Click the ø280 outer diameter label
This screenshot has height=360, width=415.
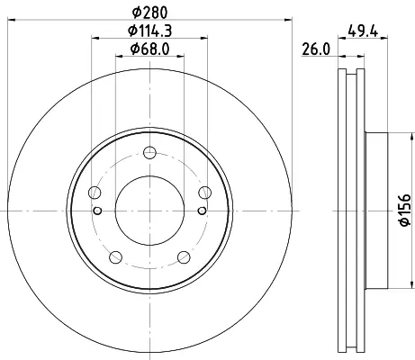[x=150, y=13]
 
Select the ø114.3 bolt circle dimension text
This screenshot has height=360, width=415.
[x=150, y=31]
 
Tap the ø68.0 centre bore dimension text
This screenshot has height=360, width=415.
[x=150, y=49]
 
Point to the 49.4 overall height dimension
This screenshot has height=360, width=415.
[x=363, y=31]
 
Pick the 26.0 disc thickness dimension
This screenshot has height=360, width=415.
[x=316, y=49]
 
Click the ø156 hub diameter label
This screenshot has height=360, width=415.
[x=405, y=210]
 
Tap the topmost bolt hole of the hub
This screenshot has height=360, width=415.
[x=149, y=152]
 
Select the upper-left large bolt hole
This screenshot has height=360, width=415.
[x=95, y=193]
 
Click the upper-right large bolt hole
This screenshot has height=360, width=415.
[x=205, y=193]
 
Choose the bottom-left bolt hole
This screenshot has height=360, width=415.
[x=116, y=257]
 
